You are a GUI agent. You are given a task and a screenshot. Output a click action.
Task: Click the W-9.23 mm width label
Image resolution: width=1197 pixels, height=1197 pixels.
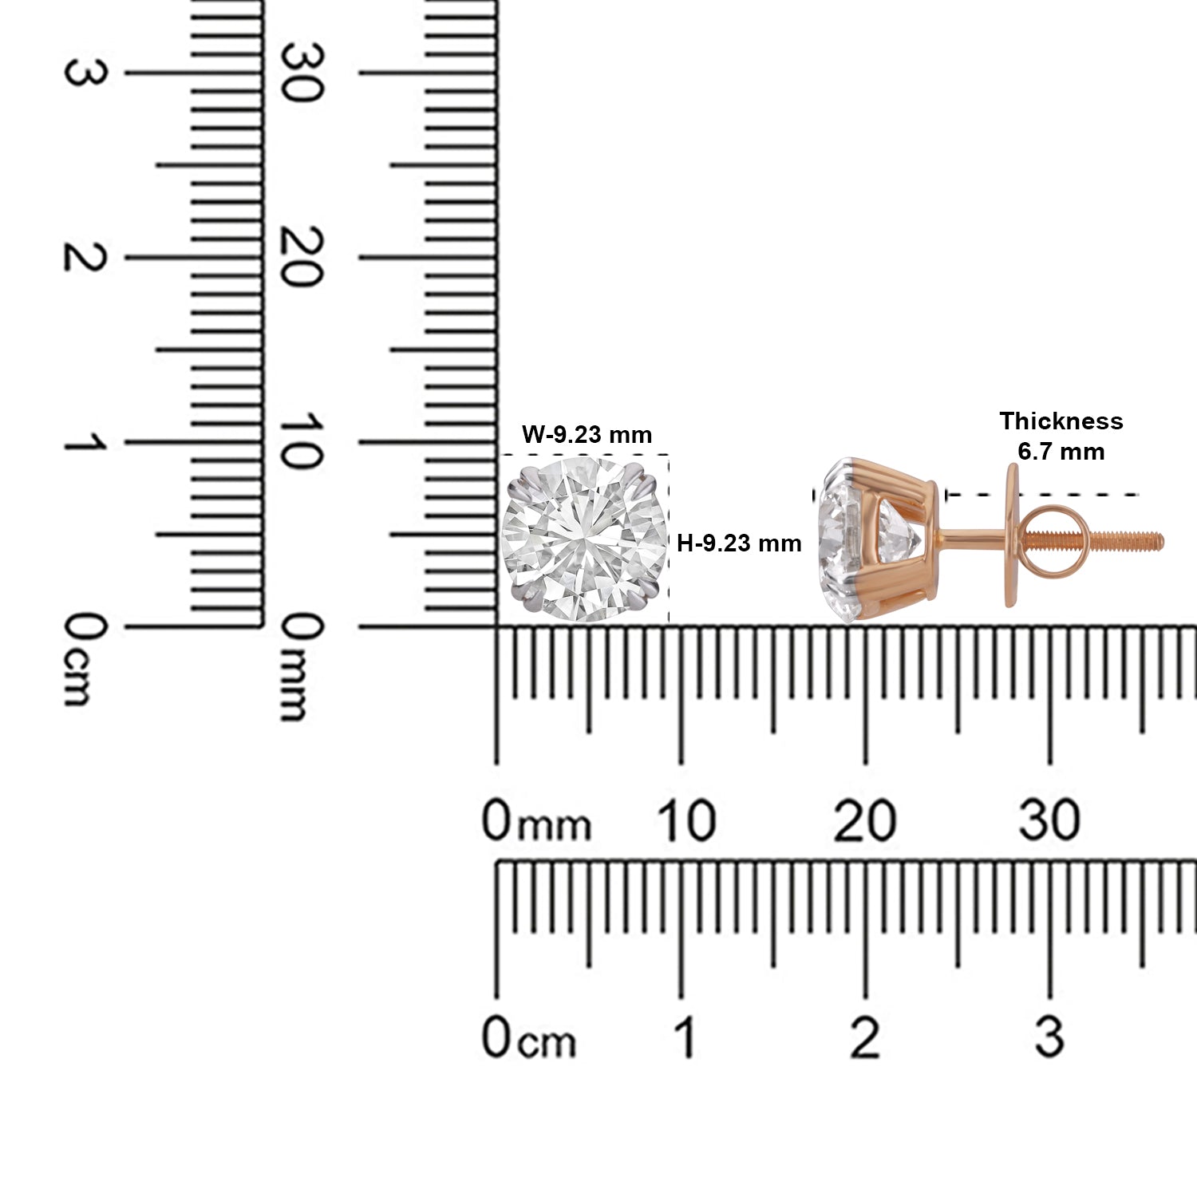click(x=587, y=435)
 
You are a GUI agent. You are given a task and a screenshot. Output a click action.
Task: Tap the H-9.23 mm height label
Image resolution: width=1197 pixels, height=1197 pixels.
click(x=739, y=543)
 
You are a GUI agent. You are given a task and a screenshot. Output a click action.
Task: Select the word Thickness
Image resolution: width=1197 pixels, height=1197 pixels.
click(x=1061, y=421)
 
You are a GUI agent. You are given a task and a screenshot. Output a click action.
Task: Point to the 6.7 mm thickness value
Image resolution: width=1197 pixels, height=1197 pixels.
click(x=1061, y=452)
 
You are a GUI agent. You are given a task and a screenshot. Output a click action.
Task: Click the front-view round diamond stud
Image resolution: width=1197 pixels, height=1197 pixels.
click(x=583, y=539)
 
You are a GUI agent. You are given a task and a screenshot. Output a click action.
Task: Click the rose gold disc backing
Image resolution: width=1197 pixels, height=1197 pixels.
click(x=1012, y=535)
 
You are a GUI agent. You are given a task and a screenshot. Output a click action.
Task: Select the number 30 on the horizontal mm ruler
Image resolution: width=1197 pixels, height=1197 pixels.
click(x=1049, y=821)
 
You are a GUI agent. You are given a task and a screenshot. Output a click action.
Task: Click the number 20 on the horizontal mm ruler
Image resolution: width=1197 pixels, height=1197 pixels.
click(x=864, y=821)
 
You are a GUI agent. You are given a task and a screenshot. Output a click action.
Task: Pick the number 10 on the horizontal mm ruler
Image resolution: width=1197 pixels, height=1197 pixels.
click(x=685, y=821)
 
